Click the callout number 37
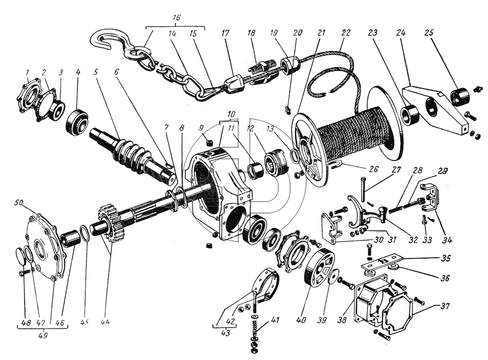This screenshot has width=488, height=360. pyautogui.click(x=445, y=306)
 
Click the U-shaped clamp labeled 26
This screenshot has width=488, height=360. pyautogui.click(x=336, y=165)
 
